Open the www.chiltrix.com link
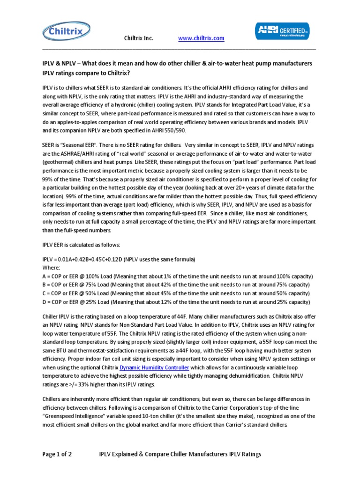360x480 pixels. (x=201, y=38)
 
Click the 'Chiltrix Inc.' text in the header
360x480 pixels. (x=138, y=38)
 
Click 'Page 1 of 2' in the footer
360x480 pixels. (x=60, y=454)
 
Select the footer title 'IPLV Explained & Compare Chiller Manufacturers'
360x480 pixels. (x=180, y=454)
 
